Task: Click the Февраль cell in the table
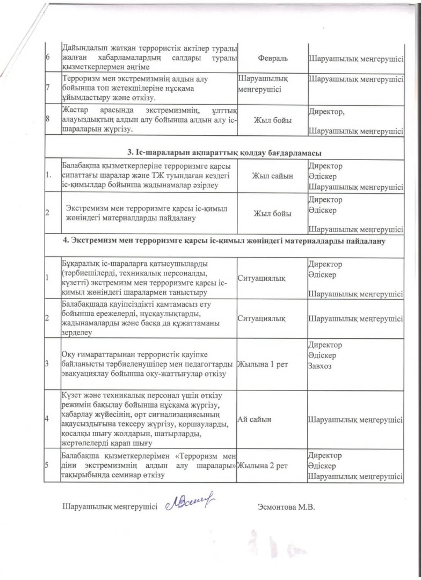(x=272, y=56)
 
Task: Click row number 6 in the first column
(x=47, y=57)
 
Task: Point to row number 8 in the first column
(x=47, y=121)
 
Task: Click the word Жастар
(x=75, y=111)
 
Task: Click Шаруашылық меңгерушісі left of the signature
(x=110, y=506)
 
